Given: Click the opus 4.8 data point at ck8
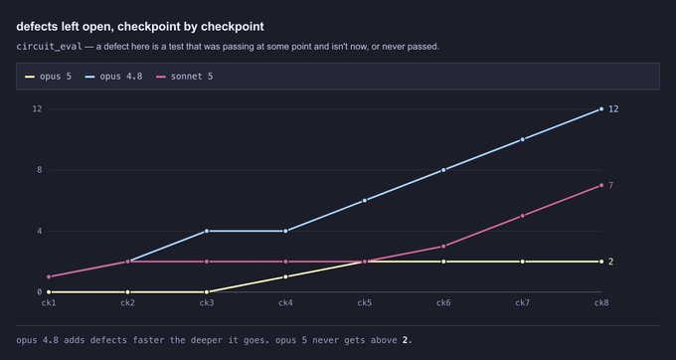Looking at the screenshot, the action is click(x=601, y=109).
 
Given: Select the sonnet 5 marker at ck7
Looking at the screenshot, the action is click(x=523, y=216).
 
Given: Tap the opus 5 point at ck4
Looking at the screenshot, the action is click(x=285, y=276).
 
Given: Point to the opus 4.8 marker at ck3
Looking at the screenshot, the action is click(x=207, y=231).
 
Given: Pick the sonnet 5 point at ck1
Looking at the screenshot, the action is click(x=49, y=276).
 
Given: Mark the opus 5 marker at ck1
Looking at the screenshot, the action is click(x=49, y=292).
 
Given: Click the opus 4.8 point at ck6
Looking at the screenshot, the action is click(x=443, y=170).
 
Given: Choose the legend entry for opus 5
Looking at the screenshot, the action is click(x=49, y=77).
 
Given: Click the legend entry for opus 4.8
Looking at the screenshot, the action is click(x=113, y=77).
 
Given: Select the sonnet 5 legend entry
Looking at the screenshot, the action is click(x=185, y=77).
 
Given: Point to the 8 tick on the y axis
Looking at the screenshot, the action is click(x=40, y=170).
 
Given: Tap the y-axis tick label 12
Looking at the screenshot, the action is click(x=38, y=108).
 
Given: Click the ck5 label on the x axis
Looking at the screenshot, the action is click(x=364, y=303).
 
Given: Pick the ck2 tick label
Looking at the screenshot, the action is click(x=127, y=303).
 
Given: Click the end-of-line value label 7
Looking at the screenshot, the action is click(x=611, y=185).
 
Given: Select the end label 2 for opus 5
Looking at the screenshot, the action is click(x=611, y=262).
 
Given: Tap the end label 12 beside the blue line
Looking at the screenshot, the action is click(x=613, y=109).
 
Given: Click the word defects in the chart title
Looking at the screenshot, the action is click(x=38, y=26).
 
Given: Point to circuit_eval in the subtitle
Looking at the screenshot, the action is click(x=49, y=47).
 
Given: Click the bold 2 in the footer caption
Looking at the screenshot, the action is click(x=405, y=340).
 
